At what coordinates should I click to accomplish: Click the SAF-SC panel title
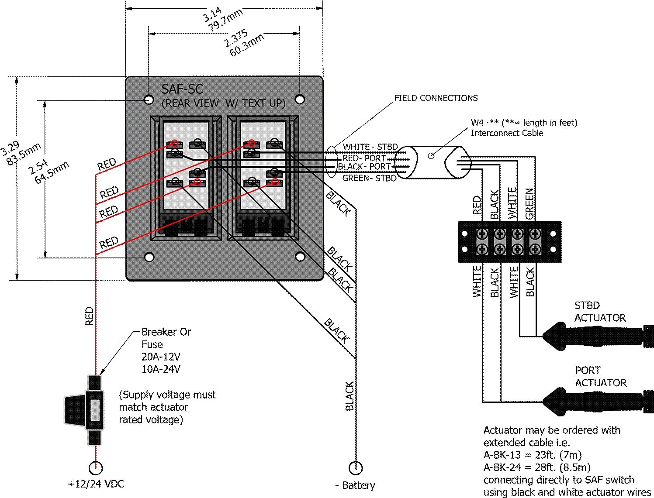(x=182, y=89)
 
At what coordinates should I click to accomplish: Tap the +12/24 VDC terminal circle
(x=95, y=468)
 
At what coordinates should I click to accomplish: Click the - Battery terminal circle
(x=356, y=468)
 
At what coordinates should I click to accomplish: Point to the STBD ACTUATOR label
(x=599, y=312)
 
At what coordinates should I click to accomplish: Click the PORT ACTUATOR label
(x=600, y=376)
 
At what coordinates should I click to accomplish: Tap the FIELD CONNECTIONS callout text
(x=436, y=98)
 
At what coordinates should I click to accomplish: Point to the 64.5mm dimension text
(x=52, y=173)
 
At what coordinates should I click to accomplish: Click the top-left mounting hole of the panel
(x=149, y=100)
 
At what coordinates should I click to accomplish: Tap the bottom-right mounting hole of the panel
(x=300, y=257)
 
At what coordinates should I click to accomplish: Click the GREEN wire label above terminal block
(x=529, y=203)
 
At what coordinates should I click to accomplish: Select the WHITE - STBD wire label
(x=370, y=147)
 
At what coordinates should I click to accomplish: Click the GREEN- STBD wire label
(x=369, y=178)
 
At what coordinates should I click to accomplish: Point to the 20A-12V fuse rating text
(x=161, y=357)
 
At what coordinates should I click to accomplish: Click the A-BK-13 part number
(x=502, y=455)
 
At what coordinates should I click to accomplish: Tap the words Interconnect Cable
(x=507, y=133)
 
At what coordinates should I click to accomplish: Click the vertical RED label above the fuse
(x=89, y=316)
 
